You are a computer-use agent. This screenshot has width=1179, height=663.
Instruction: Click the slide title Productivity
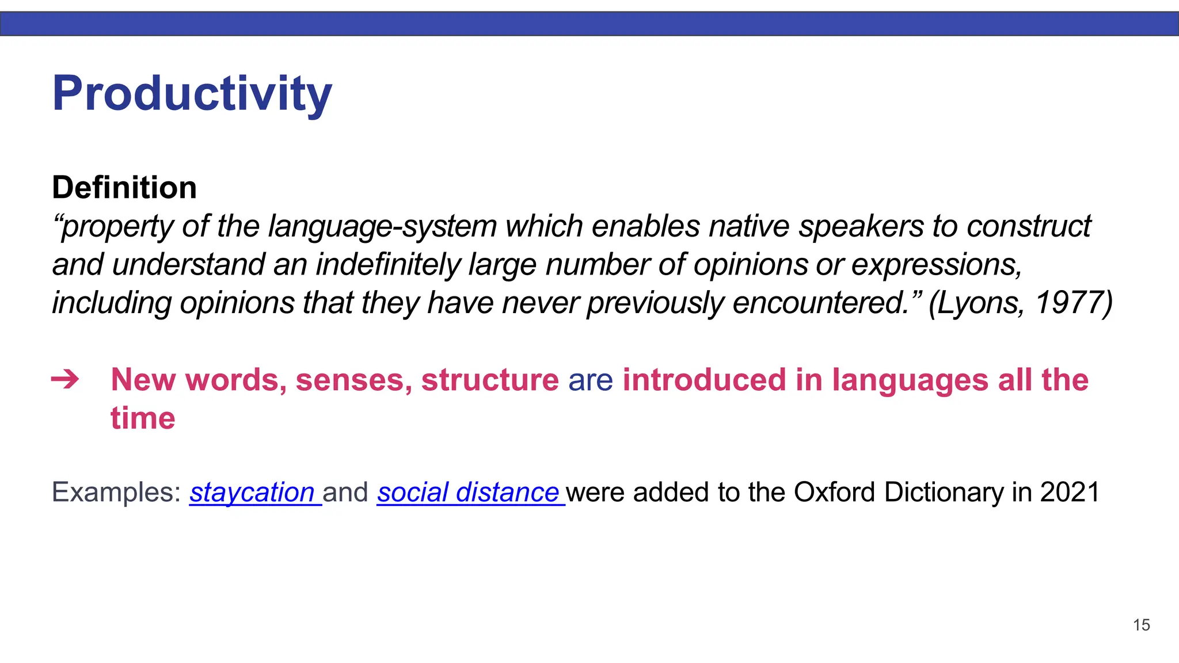tap(192, 93)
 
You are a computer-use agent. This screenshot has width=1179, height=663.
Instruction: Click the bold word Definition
tap(124, 188)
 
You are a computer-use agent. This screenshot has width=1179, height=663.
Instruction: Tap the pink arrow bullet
tap(65, 380)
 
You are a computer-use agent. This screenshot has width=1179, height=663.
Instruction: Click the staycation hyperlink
tap(252, 493)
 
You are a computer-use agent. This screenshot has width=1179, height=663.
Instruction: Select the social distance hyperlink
tap(467, 493)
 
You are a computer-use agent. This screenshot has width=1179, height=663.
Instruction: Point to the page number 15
tap(1141, 625)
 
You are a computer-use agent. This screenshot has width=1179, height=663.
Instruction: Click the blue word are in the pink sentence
tap(590, 380)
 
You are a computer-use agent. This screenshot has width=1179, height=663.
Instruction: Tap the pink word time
tap(143, 418)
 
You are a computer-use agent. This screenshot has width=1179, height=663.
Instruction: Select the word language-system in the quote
tap(382, 227)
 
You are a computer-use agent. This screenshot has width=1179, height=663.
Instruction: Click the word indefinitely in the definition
tap(387, 265)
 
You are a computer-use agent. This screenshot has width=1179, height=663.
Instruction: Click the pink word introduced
tap(704, 380)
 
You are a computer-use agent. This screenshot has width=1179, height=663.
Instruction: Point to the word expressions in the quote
tap(936, 265)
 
